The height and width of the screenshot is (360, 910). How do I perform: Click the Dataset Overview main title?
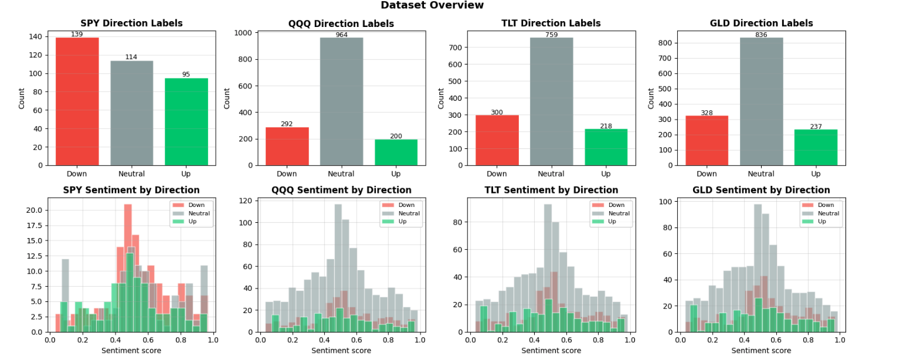[432, 5]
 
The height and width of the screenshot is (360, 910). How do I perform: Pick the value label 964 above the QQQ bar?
[341, 35]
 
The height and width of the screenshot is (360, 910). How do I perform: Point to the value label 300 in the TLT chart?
[497, 112]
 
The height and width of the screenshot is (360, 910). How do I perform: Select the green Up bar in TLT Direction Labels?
[606, 147]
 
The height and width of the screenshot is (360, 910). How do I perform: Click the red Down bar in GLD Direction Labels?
[707, 140]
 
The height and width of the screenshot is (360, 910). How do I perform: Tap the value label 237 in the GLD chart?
[816, 127]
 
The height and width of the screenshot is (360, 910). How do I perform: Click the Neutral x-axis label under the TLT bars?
[551, 174]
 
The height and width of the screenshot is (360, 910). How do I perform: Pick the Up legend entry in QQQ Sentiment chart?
[399, 222]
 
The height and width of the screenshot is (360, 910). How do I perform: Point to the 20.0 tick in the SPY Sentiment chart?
[34, 210]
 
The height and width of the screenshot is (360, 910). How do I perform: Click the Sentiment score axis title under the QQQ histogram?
[341, 351]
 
